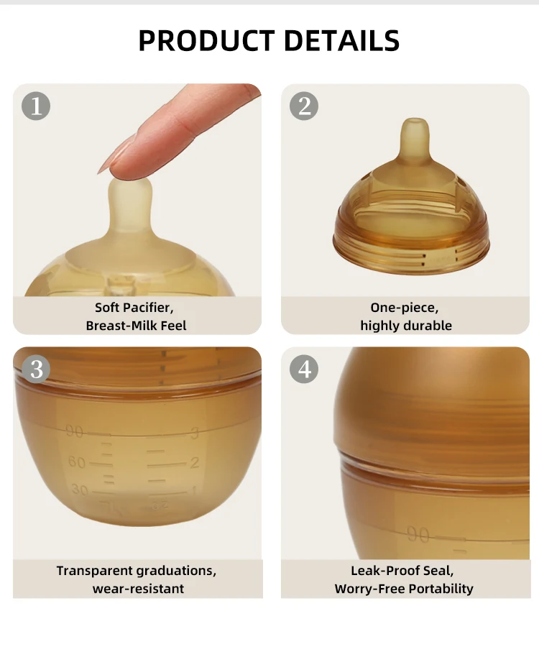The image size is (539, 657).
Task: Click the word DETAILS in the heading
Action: tap(342, 41)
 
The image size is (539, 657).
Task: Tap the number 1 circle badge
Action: tap(37, 106)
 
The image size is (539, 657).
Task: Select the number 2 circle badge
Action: tap(304, 106)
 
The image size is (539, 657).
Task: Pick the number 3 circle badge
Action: tap(37, 369)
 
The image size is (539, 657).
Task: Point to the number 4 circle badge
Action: tap(304, 369)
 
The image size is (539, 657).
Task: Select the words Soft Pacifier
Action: tap(134, 308)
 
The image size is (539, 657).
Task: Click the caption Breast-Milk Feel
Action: tap(136, 326)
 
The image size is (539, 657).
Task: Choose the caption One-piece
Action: tap(404, 308)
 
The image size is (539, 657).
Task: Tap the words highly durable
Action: tap(406, 326)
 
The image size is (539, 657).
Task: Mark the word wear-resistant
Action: tap(138, 589)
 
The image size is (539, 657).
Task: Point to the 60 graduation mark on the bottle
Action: tap(77, 462)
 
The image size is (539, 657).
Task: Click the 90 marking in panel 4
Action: tap(418, 534)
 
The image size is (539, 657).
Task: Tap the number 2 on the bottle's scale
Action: tap(194, 462)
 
